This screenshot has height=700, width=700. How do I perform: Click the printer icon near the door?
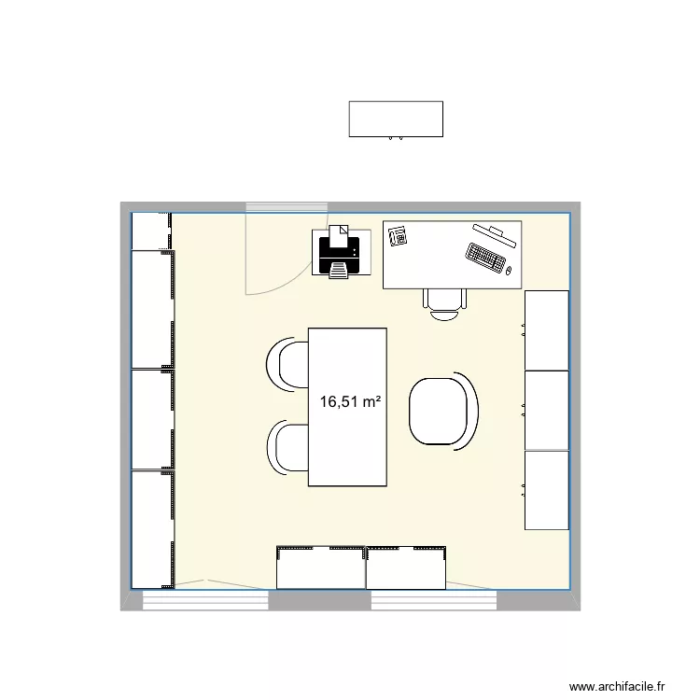tap(338, 254)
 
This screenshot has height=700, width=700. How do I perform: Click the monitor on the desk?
tap(495, 232)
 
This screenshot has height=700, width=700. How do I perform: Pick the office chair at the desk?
tap(445, 301)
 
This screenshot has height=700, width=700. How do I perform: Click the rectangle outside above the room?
tap(395, 119)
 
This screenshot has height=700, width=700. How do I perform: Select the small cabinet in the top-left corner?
tap(149, 231)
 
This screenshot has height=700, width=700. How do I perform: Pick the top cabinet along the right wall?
tap(547, 329)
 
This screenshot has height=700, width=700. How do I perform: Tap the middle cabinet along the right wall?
tap(547, 410)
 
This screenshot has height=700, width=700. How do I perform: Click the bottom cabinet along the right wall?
tap(547, 490)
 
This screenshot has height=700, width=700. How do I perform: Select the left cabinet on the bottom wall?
tap(320, 567)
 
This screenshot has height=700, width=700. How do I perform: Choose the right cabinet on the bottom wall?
tap(407, 567)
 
